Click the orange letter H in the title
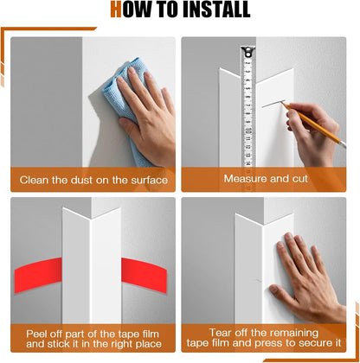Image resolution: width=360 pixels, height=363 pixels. click(116, 10)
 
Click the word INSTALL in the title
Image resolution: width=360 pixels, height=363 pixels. click(216, 10)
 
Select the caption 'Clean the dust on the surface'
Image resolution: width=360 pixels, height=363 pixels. click(93, 180)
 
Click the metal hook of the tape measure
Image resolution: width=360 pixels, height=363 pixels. click(247, 52)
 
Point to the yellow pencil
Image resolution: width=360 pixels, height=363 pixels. click(313, 125)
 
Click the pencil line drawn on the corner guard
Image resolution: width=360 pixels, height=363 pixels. click(273, 104)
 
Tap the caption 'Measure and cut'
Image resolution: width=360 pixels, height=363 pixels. click(266, 179)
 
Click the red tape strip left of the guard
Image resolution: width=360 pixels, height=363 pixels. click(38, 275)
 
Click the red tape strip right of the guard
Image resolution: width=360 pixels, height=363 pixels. click(144, 275)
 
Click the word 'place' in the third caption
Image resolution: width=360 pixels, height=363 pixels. click(148, 344)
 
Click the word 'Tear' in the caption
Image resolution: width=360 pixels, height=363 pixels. click(220, 333)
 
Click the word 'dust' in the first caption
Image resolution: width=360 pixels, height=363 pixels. click(82, 180)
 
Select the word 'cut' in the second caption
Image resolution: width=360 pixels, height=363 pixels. click(300, 179)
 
